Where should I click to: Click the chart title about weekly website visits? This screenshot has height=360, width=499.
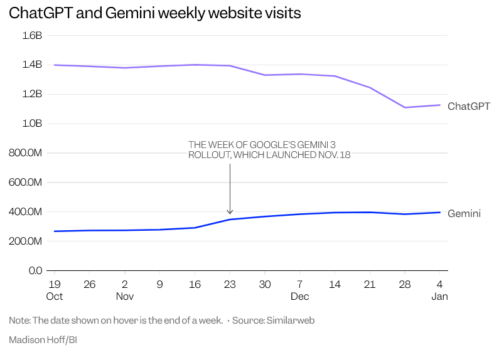[x=154, y=13]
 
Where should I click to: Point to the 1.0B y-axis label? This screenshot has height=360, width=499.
[x=31, y=124]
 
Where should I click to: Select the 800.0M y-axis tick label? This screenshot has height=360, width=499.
[x=25, y=153]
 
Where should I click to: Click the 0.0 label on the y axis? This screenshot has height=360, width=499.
[x=35, y=270]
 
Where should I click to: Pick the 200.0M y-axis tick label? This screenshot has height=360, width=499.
[x=25, y=241]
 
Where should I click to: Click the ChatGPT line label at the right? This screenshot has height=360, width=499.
[x=468, y=107]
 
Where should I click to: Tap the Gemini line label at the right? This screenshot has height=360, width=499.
[x=464, y=214]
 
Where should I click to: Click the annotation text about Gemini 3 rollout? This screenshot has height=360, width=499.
[x=269, y=149]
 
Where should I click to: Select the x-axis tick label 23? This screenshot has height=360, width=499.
[x=230, y=284]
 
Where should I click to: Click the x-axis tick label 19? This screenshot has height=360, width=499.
[x=55, y=284]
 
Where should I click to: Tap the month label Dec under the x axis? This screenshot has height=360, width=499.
[x=299, y=296]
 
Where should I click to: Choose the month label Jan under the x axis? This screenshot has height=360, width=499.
[x=439, y=296]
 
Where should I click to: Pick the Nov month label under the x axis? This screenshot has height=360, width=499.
[x=124, y=296]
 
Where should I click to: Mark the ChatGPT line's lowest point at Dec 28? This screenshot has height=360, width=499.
[x=405, y=107]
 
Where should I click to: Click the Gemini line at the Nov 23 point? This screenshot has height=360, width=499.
[x=230, y=220]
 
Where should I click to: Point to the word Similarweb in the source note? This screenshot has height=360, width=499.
[x=291, y=320]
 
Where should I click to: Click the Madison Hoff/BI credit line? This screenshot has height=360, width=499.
[x=42, y=340]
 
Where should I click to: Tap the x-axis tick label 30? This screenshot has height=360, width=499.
[x=265, y=284]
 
